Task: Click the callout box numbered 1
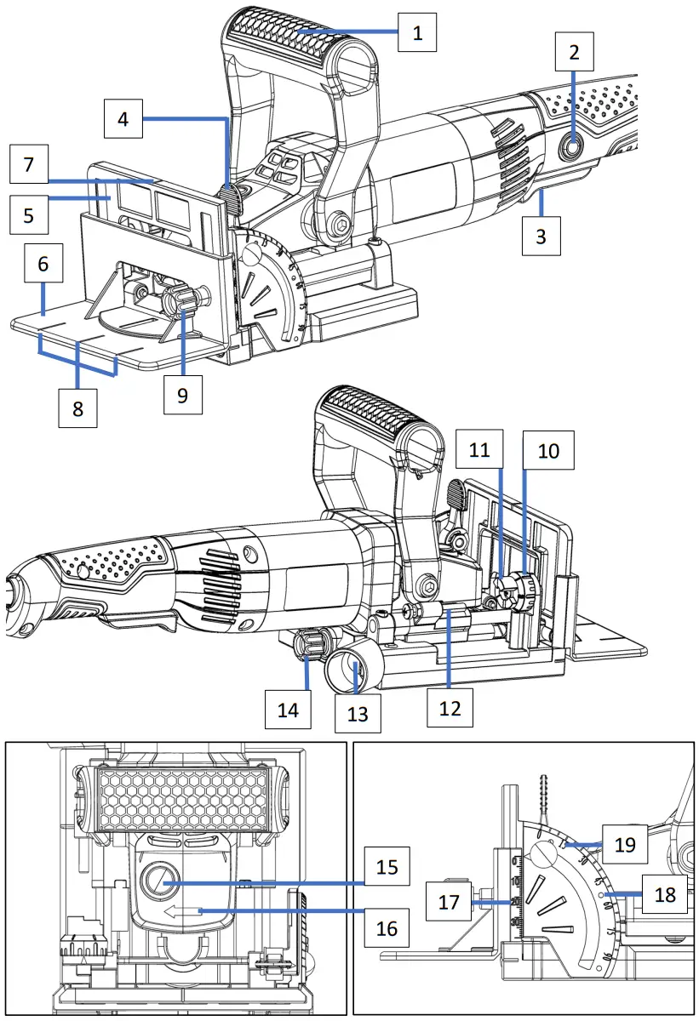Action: coord(417,33)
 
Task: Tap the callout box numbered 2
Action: coord(575,54)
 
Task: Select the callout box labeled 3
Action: coord(541,234)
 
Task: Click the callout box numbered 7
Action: coord(29,165)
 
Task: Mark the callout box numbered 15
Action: coord(386,868)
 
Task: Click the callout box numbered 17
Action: coord(449,904)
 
